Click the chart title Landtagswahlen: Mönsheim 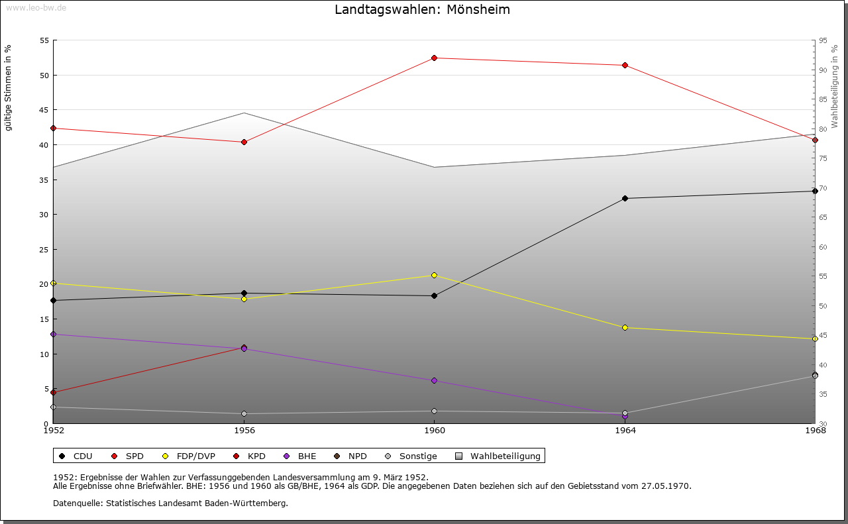tap(422, 10)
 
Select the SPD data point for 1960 tap(434, 58)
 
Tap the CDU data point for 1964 tap(625, 198)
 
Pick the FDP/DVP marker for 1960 tap(434, 275)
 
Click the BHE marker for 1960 tap(434, 380)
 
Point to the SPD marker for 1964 tap(625, 65)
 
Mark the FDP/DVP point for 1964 tap(625, 327)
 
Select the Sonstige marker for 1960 tap(434, 411)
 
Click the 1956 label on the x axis tap(244, 431)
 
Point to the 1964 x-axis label tap(625, 431)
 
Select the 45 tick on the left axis tap(44, 110)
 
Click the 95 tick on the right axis tap(823, 40)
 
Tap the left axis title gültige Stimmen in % tap(9, 88)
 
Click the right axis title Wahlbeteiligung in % tap(835, 86)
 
